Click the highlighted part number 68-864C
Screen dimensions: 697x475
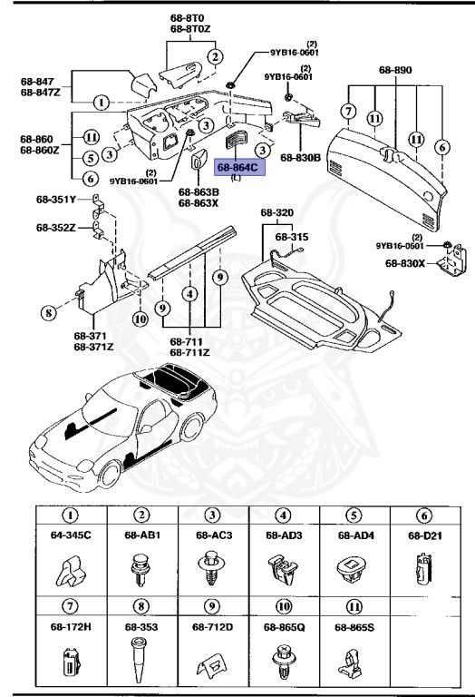pos(237,167)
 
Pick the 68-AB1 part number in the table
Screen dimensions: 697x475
pos(141,535)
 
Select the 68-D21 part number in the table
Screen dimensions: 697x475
pos(425,535)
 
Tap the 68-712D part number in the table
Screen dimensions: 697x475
pos(212,626)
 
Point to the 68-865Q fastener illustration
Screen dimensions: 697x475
pos(283,660)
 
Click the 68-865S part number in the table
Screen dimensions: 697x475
pos(354,626)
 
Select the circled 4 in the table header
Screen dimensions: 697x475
pos(283,515)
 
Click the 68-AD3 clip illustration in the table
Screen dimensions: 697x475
pos(283,569)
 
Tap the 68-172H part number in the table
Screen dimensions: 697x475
pos(71,626)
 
